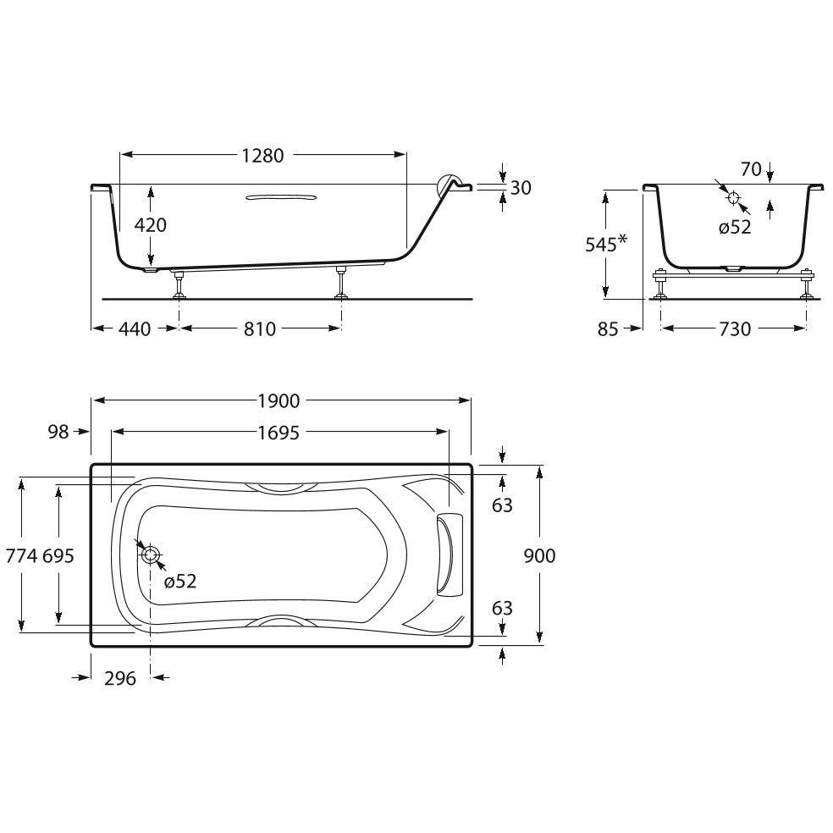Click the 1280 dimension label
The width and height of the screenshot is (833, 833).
[263, 156]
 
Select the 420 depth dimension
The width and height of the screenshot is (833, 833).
[151, 225]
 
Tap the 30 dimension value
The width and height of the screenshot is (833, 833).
[521, 188]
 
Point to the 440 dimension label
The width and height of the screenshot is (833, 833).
[135, 329]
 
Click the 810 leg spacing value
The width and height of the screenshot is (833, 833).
[260, 329]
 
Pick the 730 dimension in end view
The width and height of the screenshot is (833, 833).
[736, 329]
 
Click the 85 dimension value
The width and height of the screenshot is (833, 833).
[608, 329]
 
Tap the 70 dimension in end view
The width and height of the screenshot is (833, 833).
[751, 169]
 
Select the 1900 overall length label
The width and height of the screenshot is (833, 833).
[279, 401]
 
